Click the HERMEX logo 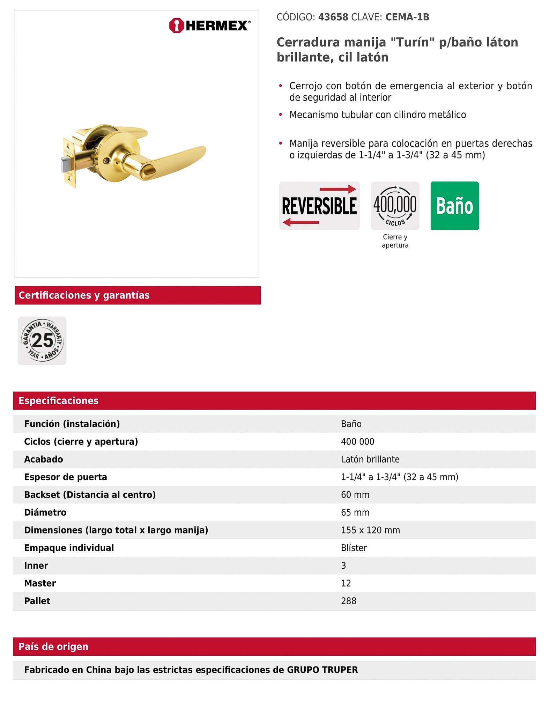209,25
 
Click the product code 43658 333,17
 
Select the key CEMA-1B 407,17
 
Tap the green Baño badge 454,206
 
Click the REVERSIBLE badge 319,206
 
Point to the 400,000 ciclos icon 395,206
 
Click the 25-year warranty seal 42,340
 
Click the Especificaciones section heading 58,400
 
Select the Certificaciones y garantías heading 84,295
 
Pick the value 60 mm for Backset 355,495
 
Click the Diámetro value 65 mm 355,513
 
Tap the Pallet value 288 348,601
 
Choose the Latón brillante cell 370,459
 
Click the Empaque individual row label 69,548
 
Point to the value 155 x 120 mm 370,530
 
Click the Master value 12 346,583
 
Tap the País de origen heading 53,647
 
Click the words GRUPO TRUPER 322,670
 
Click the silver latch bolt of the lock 66,164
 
